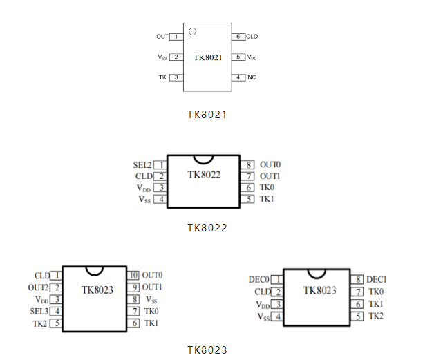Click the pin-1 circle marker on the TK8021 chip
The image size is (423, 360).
point(193,31)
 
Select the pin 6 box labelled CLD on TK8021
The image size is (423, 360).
point(238,36)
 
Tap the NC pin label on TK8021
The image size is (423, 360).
point(252,77)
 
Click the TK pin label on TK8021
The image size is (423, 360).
point(162,77)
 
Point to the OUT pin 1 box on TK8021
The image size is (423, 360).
point(177,36)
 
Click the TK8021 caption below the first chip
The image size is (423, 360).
point(207,115)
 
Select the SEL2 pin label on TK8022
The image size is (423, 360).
point(142,165)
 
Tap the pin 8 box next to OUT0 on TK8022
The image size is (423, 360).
point(247,165)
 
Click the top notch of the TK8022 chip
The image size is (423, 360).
point(204,159)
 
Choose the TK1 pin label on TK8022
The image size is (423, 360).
point(267,199)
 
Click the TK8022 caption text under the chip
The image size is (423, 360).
point(207,227)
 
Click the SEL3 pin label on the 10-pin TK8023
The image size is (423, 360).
point(40,311)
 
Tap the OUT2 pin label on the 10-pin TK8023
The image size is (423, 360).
point(38,287)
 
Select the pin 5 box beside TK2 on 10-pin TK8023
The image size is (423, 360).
point(57,323)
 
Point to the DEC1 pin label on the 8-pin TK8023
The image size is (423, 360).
point(376,280)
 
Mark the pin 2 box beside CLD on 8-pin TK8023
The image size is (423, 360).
point(277,292)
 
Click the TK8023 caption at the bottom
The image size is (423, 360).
point(207,350)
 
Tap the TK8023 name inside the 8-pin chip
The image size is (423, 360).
point(319,290)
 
